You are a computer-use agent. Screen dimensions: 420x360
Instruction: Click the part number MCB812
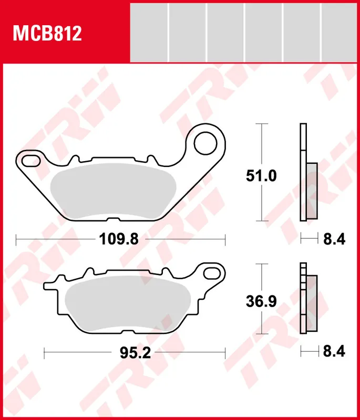point(47,33)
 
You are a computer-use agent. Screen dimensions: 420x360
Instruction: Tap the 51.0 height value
point(261,176)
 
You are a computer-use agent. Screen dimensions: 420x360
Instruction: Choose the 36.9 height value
point(261,302)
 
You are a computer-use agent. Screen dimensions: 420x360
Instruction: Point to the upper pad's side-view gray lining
point(311,190)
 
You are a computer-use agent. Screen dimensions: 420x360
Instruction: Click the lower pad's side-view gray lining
point(311,303)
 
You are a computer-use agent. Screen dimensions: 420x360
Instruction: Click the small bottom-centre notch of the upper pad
point(114,219)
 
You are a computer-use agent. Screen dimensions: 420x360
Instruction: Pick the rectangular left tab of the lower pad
point(51,286)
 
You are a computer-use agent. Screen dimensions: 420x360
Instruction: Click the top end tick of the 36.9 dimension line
point(261,264)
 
